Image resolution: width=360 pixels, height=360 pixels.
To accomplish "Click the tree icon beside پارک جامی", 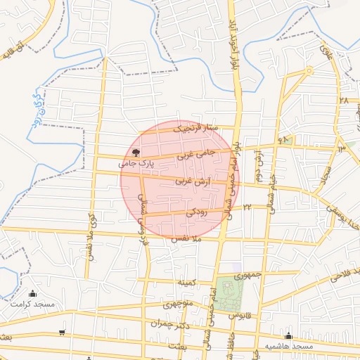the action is click(x=136, y=152).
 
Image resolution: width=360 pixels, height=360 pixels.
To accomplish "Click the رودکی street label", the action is click(x=198, y=211).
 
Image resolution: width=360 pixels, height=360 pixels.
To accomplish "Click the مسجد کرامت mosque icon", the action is click(x=32, y=294).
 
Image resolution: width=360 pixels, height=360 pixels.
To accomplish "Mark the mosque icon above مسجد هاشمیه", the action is click(x=289, y=336).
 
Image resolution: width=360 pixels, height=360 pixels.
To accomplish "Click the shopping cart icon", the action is click(x=63, y=332).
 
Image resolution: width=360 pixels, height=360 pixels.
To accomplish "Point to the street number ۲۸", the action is click(x=343, y=101).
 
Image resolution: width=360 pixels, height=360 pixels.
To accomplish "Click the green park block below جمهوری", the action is click(x=228, y=292).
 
